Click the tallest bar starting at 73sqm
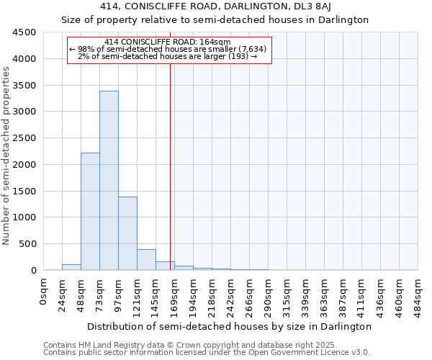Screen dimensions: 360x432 tap(109, 180)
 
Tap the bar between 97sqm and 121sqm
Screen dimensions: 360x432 tap(127, 233)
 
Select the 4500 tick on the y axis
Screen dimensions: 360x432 tap(24, 32)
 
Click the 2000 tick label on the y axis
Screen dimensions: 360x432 tap(24, 165)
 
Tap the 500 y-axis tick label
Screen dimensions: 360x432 tap(27, 244)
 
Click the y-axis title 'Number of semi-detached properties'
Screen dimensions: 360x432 tap(6, 156)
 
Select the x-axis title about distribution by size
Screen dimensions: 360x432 tap(230, 326)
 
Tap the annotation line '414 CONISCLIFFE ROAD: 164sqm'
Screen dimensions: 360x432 tap(167, 42)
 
